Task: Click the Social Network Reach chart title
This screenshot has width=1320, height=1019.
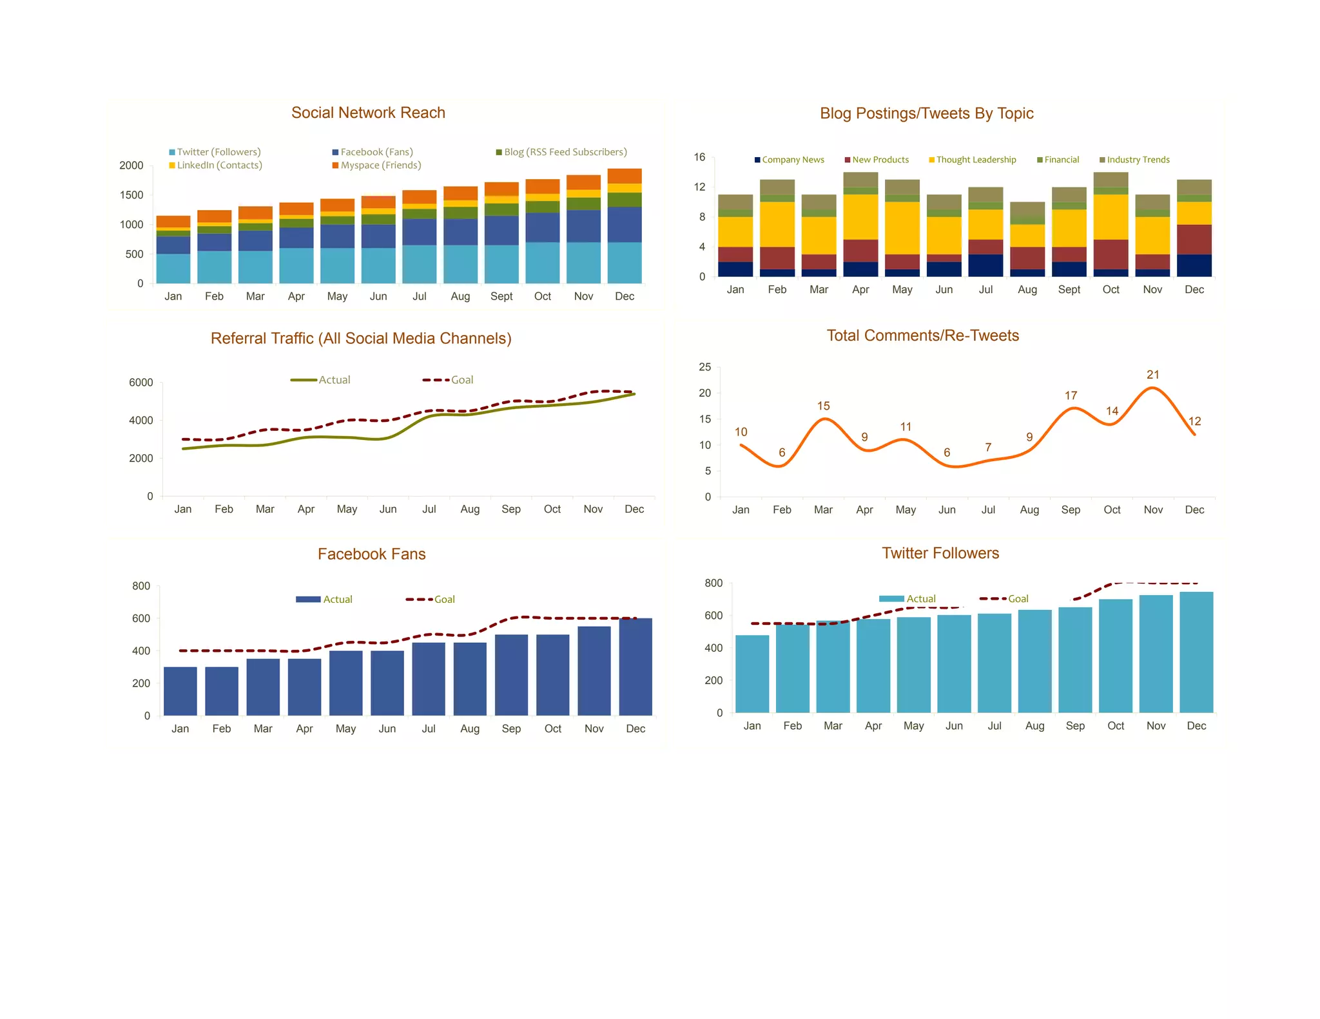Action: point(368,113)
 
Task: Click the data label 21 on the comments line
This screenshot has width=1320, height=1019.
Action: point(1152,375)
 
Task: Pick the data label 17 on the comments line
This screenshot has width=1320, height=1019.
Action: point(1071,395)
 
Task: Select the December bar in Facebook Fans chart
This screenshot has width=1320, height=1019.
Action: point(636,667)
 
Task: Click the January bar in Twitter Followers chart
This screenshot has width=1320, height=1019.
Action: point(752,674)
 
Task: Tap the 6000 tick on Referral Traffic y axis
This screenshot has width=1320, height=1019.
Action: point(141,383)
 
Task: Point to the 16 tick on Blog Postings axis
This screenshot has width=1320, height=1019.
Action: point(699,157)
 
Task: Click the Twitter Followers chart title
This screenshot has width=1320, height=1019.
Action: point(940,553)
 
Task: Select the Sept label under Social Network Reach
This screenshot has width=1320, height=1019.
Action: point(501,296)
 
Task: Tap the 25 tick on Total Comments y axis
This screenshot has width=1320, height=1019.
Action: point(705,367)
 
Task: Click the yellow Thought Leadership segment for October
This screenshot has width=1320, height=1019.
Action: point(1111,217)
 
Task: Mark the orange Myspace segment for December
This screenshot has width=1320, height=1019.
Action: point(625,176)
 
